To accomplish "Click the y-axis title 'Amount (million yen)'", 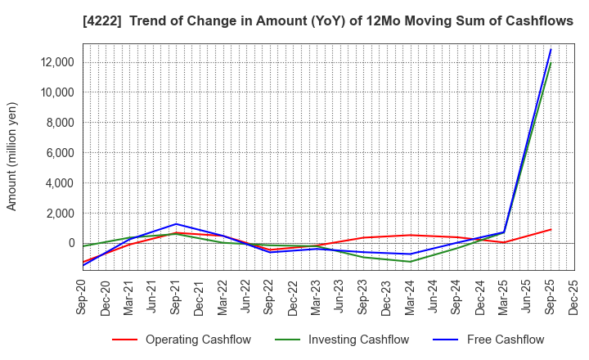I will tap(12, 156).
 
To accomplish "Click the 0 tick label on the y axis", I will tap(70, 244).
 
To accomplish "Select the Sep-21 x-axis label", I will tap(177, 299).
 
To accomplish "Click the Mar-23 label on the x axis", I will tap(317, 299).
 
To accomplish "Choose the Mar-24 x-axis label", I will tap(410, 299).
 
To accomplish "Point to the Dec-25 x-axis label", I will tap(573, 299).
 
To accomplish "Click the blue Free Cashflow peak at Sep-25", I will tap(551, 49).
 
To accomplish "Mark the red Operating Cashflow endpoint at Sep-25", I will tap(551, 230).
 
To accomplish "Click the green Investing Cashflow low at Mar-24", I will tap(410, 262).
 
